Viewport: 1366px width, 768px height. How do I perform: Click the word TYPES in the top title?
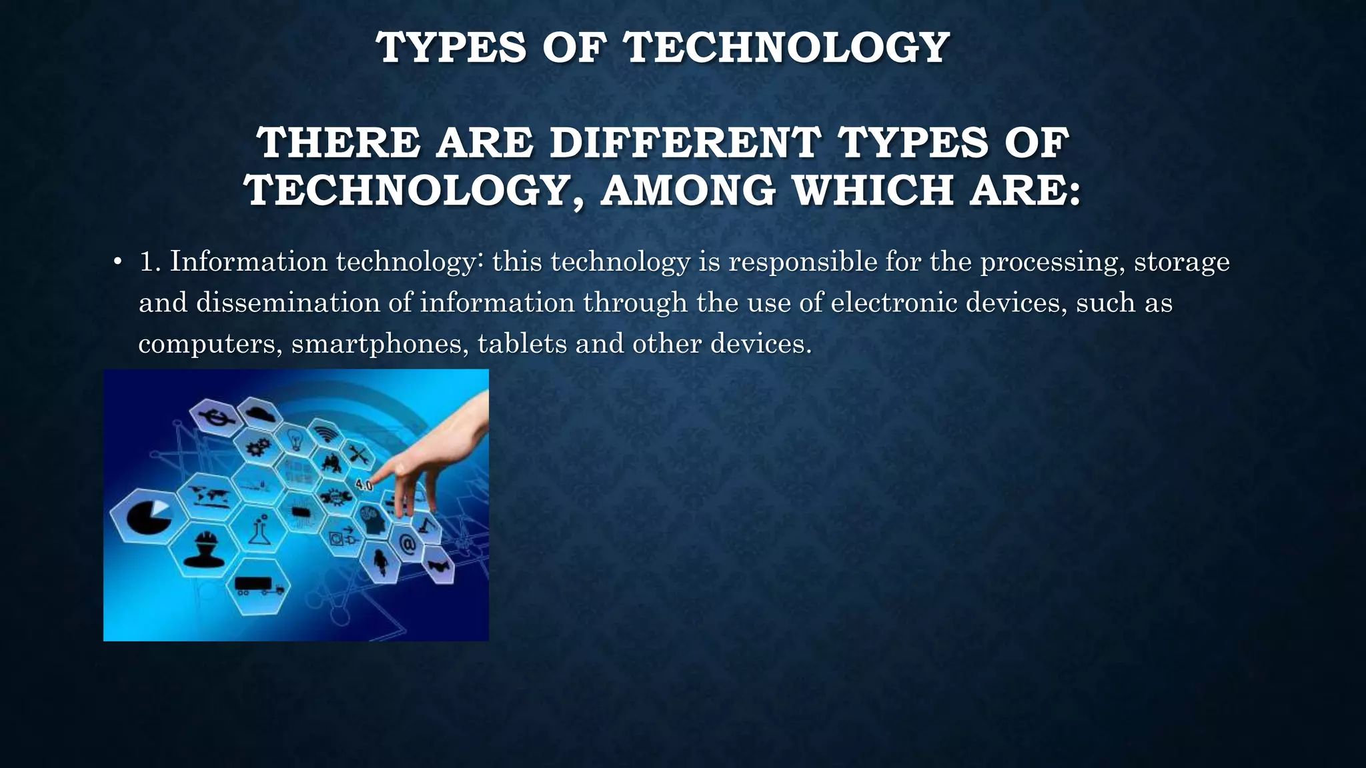coord(451,48)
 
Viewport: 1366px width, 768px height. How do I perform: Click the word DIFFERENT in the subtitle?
coord(685,143)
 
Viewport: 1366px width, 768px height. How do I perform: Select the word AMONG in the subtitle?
coord(688,191)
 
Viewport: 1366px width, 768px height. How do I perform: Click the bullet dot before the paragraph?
coord(117,262)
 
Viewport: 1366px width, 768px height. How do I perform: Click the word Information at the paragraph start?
coord(248,261)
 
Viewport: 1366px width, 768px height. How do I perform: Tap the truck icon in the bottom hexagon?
coord(258,586)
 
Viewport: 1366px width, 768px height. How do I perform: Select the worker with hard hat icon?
coord(204,548)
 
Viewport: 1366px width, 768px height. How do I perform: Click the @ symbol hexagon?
coord(408,545)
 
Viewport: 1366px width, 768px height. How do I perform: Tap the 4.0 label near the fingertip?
coord(364,485)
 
